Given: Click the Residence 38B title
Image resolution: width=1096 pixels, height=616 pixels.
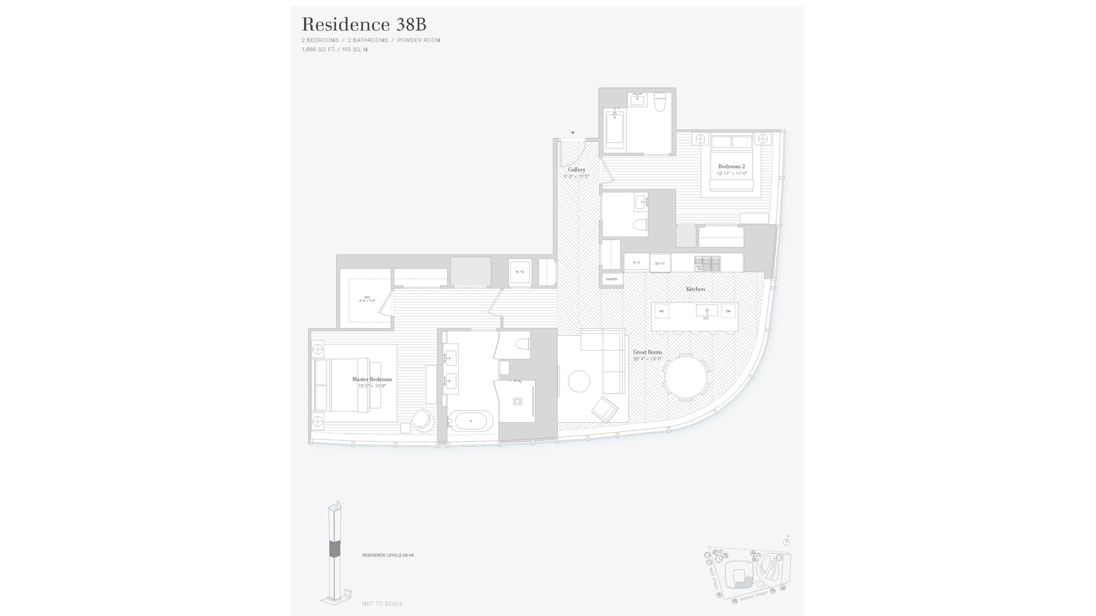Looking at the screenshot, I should (364, 25).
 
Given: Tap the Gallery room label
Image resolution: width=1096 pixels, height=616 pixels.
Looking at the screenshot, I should (577, 169).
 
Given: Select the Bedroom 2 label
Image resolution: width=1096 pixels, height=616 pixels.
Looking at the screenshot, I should (731, 167).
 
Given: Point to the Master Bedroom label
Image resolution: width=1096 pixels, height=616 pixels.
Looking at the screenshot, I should (372, 379).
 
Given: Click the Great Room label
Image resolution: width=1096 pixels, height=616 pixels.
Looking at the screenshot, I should (647, 352).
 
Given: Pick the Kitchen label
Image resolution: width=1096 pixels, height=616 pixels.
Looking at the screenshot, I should (695, 289).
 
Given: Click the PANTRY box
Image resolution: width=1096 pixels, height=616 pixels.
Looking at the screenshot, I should (612, 279).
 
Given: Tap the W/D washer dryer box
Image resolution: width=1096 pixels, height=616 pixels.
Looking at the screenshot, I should (520, 272).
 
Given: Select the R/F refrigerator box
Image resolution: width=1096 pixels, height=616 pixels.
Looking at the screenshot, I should (636, 263).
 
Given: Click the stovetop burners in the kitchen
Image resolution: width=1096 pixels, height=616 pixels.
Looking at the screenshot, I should (707, 264).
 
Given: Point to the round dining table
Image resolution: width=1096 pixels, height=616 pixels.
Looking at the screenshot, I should (686, 376).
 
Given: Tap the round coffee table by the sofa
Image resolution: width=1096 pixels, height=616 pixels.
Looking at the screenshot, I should (579, 381).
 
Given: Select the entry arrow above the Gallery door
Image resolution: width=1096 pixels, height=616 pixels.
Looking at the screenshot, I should (573, 133).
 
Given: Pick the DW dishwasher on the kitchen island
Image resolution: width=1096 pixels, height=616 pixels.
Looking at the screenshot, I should (728, 311).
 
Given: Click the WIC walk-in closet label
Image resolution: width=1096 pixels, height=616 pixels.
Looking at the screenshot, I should (367, 298).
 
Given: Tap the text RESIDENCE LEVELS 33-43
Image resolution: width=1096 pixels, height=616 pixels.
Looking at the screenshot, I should (388, 555).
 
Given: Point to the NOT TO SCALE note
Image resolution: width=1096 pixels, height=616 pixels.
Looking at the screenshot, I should (382, 603).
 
